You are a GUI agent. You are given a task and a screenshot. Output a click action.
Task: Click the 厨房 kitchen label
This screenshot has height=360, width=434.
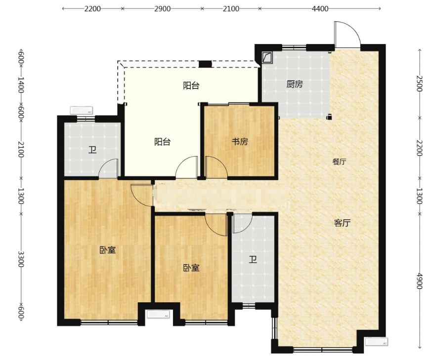pos(295,84)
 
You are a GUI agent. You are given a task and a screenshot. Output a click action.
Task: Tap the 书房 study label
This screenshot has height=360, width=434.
pos(240,142)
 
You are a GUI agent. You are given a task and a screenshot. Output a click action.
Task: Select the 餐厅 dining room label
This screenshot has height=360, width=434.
pos(339,161)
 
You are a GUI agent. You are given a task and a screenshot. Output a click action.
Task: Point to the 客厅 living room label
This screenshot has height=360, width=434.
pos(343,223)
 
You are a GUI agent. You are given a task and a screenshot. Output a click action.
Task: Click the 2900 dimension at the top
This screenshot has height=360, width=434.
pos(162,9)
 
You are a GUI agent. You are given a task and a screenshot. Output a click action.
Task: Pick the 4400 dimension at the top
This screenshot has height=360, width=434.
pos(320,9)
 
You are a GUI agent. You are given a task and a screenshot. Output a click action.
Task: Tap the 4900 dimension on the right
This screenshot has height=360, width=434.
pos(420,281)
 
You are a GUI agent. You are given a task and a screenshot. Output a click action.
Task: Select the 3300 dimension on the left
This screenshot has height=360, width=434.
pos(21,259)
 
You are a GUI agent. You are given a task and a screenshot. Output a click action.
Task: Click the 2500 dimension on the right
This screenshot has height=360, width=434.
pos(420,83)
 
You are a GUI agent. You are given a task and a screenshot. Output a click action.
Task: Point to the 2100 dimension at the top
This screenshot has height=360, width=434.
pos(231,9)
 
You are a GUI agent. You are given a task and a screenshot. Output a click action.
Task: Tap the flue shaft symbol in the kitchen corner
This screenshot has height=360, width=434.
pos(267,57)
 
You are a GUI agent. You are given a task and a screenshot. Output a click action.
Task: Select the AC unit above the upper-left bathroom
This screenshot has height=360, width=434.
pos(82,110)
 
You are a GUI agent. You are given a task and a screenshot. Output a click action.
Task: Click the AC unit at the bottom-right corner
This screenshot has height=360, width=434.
pos(377,342)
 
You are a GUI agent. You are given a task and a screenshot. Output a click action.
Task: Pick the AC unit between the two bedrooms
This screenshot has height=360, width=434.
pos(158,315)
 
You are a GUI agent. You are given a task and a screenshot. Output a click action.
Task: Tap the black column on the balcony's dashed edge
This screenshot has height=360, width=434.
pos(205,64)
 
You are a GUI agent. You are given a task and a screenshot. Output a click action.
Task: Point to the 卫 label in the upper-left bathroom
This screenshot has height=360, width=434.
pos(92,150)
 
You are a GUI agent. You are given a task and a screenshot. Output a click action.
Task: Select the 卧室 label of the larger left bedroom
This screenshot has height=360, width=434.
pos(107,250)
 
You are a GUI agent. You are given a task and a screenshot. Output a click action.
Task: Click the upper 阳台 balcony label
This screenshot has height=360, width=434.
pos(191,85)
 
